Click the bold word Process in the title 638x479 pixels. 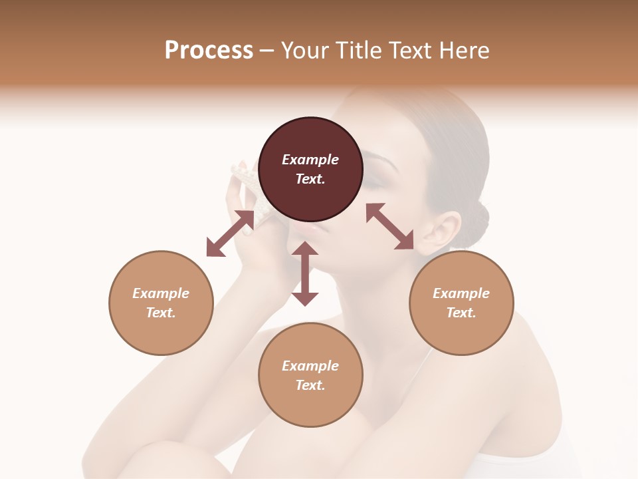click(x=209, y=51)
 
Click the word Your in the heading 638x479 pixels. click(x=305, y=51)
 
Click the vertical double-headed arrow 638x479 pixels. click(x=305, y=273)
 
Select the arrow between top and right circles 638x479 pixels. click(x=389, y=226)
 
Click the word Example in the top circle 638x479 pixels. click(x=310, y=160)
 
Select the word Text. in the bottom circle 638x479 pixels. click(x=310, y=385)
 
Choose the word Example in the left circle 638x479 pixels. click(x=161, y=293)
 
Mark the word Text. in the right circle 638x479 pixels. click(x=461, y=313)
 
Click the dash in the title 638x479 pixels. click(x=266, y=51)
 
